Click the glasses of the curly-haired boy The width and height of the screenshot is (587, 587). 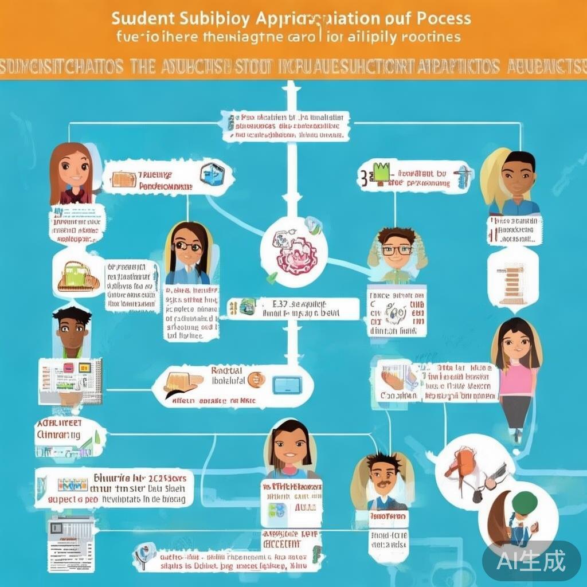pyautogui.click(x=397, y=250)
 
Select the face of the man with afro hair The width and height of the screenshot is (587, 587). pyautogui.click(x=72, y=332)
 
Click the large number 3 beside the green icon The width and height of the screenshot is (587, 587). pyautogui.click(x=363, y=177)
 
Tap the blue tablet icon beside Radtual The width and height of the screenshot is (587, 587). pyautogui.click(x=287, y=385)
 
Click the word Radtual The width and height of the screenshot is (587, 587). pyautogui.click(x=227, y=370)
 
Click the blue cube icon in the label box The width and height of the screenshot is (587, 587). pyautogui.click(x=213, y=173)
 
